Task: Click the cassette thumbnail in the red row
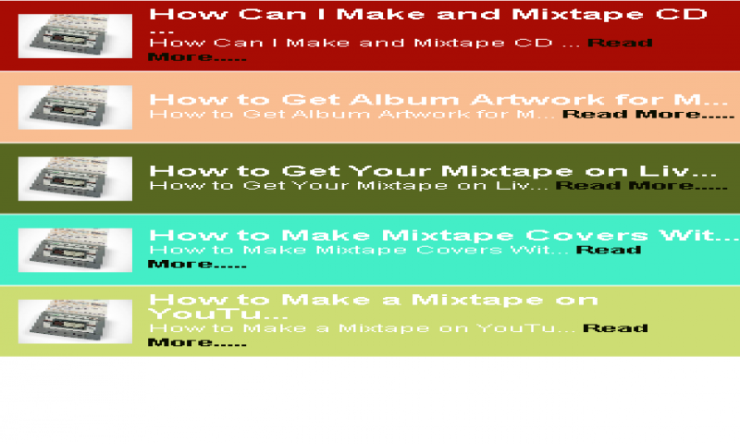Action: point(76,36)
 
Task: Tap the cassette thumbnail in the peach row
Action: point(76,107)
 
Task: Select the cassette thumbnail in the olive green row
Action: point(76,179)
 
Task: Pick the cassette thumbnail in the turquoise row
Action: point(76,250)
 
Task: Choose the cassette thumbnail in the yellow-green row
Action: point(76,321)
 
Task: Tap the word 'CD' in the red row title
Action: point(685,15)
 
